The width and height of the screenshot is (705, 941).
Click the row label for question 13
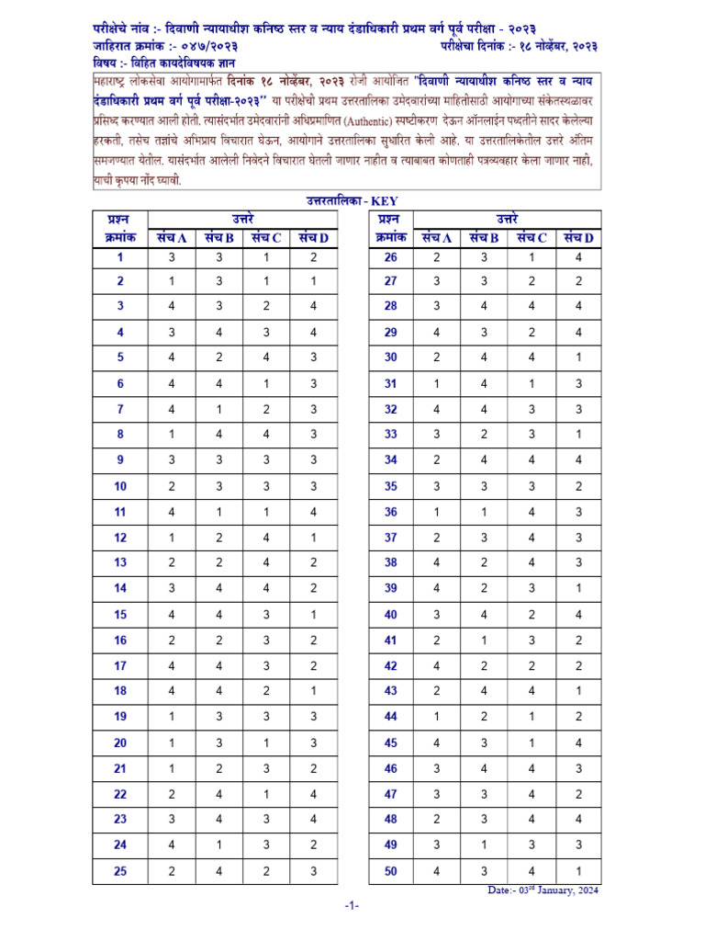click(120, 562)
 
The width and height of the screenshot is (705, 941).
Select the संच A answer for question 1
click(171, 258)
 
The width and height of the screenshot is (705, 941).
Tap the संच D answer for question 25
click(313, 871)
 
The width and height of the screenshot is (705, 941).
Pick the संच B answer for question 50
click(484, 871)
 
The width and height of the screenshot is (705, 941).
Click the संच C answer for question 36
click(531, 512)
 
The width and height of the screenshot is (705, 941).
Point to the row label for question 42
click(390, 665)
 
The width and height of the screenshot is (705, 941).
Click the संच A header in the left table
click(171, 237)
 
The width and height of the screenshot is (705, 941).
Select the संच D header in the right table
click(578, 237)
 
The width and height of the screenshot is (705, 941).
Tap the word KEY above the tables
click(385, 200)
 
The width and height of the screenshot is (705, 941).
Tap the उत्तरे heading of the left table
click(241, 219)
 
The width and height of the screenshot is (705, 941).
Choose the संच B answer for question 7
click(218, 410)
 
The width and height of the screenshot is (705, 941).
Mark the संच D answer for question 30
click(578, 357)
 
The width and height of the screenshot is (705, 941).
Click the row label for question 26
click(390, 258)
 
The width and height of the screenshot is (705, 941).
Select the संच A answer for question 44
click(437, 717)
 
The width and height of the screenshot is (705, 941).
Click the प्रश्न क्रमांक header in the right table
click(390, 228)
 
